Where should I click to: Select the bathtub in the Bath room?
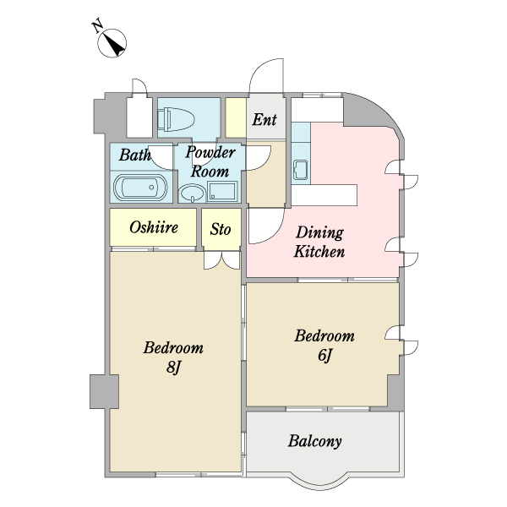(140, 188)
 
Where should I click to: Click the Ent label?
(264, 120)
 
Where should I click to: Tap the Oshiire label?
(153, 227)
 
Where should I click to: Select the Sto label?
(221, 228)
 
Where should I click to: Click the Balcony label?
(314, 441)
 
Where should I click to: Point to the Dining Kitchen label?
(319, 242)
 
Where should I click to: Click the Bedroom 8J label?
(173, 357)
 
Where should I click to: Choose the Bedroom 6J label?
(324, 345)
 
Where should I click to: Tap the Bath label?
(134, 155)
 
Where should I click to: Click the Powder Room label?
(210, 161)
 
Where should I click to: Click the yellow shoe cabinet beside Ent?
(234, 118)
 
